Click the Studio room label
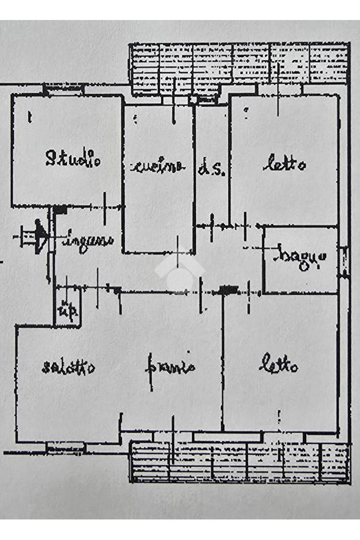point(73,158)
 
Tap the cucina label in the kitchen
point(158,167)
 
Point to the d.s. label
point(212,169)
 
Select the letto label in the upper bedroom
point(284,165)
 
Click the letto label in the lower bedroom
point(279,365)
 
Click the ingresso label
point(88,242)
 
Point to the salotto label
point(69,367)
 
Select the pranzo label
point(170,366)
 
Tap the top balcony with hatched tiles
point(239,64)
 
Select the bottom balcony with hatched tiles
point(239,462)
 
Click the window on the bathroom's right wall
point(344,262)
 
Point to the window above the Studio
point(63,89)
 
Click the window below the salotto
point(65,447)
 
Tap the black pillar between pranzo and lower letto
point(228,289)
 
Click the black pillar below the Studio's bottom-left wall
point(60,210)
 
